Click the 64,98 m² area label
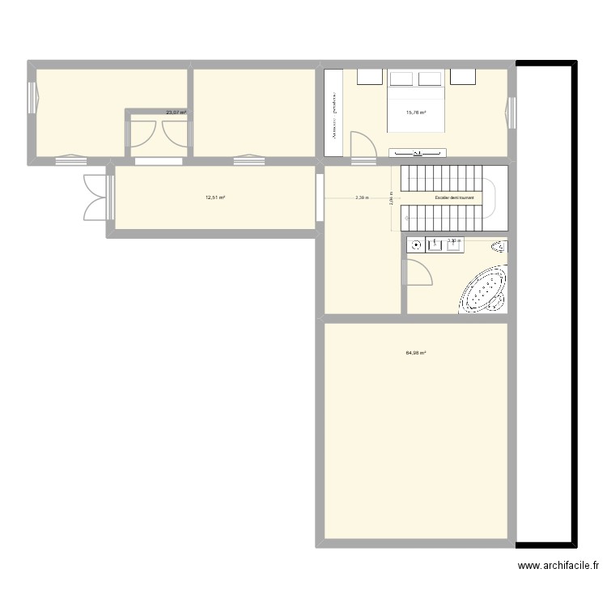coord(416,353)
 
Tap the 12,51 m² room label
coord(214,197)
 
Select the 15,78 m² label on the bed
coord(416,113)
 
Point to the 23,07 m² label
coord(176,112)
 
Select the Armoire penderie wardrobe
coord(333,112)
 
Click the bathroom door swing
coord(418,272)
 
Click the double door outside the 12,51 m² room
coord(97,197)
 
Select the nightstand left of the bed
coord(369,76)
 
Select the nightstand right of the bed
coord(463,76)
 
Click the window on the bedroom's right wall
coord(511,112)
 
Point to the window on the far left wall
coord(32,98)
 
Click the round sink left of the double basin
coord(417,244)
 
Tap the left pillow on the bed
coord(403,79)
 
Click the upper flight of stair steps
coord(442,177)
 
